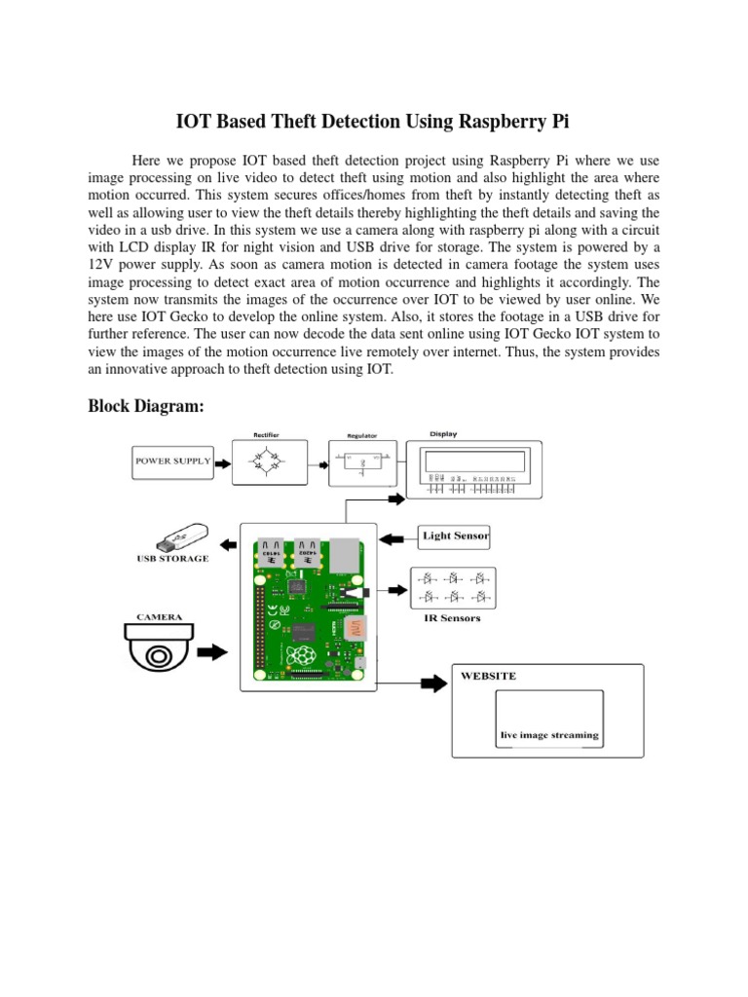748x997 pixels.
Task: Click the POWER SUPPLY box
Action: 172,462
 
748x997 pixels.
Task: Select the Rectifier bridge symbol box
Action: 260,462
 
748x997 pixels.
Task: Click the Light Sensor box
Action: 454,535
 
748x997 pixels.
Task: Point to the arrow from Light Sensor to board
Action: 395,537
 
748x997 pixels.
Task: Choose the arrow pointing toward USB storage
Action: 227,538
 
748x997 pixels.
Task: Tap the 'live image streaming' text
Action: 549,735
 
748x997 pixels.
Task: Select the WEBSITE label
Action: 489,676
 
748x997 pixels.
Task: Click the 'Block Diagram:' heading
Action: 146,407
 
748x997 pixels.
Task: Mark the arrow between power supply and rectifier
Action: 221,461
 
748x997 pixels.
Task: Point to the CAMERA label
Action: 159,616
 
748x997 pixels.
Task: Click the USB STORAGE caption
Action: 171,559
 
